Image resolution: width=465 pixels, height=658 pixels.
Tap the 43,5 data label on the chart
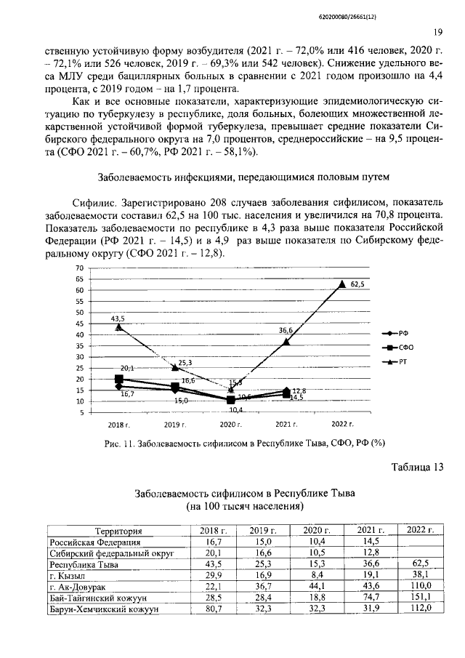pyautogui.click(x=118, y=318)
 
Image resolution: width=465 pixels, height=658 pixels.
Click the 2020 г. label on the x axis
pyautogui.click(x=230, y=424)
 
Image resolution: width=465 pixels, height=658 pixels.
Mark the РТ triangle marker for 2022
pyautogui.click(x=342, y=284)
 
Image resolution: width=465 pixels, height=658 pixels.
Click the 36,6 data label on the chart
pyautogui.click(x=286, y=331)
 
